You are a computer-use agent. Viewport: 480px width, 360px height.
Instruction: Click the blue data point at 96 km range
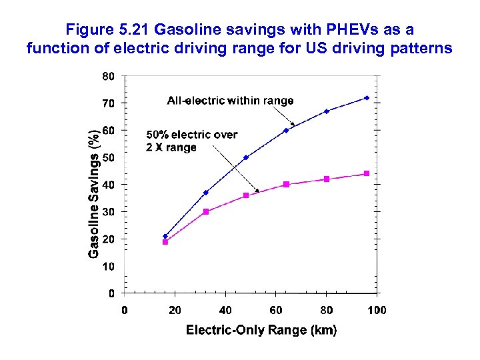tap(367, 98)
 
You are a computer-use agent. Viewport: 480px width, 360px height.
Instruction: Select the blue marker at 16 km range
tap(165, 236)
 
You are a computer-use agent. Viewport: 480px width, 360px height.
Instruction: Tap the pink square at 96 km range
tap(367, 173)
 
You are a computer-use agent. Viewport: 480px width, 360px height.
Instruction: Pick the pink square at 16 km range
tap(165, 242)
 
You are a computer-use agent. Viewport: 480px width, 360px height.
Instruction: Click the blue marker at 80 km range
tap(327, 111)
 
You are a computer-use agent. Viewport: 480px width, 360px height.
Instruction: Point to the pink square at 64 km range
tap(286, 184)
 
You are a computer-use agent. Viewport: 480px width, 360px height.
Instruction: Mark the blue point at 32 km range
tap(206, 193)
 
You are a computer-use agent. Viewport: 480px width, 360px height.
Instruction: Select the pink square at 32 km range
tap(206, 211)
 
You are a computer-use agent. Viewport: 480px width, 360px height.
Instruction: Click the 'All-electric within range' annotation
tap(230, 101)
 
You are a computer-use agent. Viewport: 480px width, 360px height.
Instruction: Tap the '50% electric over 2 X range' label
tap(191, 141)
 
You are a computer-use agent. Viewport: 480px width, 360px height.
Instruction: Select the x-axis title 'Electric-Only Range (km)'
tap(261, 330)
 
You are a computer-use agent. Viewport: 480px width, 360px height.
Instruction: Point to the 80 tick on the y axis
tap(108, 77)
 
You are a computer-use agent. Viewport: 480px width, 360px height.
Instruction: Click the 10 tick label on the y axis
tap(108, 266)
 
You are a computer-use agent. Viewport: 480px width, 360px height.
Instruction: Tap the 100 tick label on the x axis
tap(377, 310)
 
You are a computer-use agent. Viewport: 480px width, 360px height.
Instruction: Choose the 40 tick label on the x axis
tap(225, 310)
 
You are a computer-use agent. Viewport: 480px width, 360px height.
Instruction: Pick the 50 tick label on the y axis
tap(108, 157)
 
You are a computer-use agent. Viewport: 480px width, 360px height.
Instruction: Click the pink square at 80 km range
tap(327, 179)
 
